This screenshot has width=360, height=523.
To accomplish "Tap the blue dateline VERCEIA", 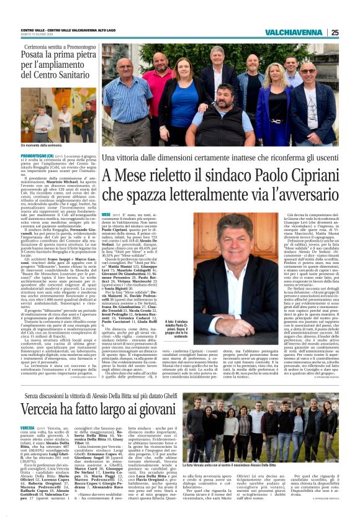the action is coord(27,429).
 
